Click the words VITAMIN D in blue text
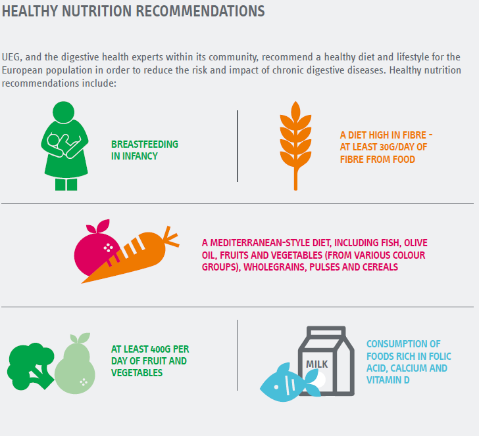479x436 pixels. (387, 380)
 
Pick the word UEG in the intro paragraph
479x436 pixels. (11, 56)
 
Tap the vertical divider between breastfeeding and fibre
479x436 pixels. (238, 146)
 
